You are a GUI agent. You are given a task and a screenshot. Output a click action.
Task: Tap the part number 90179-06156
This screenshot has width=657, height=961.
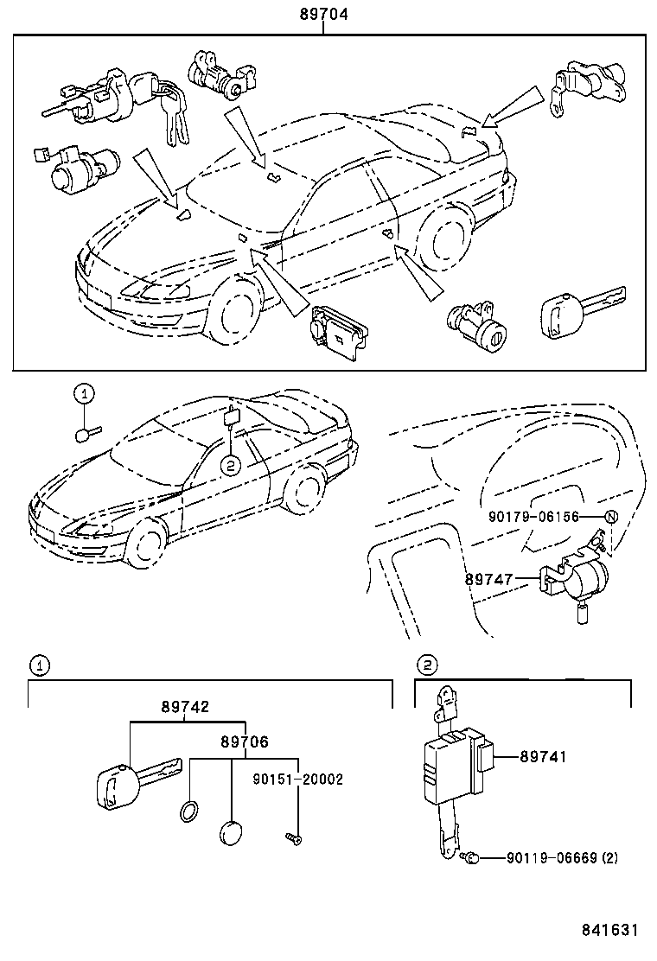(533, 518)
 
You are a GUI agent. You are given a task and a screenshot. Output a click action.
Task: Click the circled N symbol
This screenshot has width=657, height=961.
(610, 518)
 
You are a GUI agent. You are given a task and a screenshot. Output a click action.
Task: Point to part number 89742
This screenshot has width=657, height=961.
(184, 706)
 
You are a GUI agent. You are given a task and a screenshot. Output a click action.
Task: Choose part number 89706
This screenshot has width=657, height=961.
(244, 741)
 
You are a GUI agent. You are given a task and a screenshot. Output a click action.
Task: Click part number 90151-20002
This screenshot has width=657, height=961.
(298, 779)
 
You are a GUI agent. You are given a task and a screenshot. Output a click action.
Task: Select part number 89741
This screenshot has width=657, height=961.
(543, 756)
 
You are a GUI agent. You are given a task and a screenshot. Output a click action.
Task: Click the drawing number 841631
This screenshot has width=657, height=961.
(609, 930)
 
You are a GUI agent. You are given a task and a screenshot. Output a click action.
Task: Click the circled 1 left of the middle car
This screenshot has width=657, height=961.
(83, 394)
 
